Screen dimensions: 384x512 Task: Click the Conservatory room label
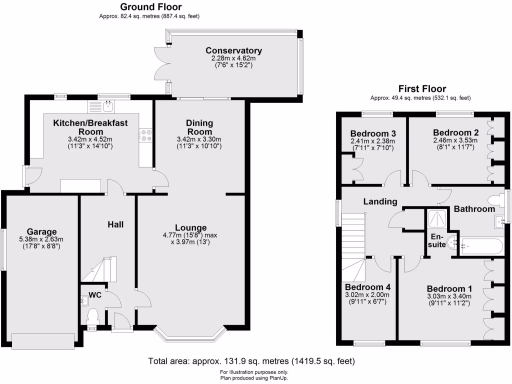(233, 50)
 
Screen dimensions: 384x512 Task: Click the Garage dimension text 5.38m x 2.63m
(41, 239)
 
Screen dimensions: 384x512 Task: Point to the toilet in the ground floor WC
(92, 316)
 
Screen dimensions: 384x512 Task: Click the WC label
(95, 295)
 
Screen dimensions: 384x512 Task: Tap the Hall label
(115, 224)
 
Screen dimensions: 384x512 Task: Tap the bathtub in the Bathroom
(480, 245)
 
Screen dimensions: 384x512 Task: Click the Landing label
(380, 201)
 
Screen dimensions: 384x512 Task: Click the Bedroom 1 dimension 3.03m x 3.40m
(449, 296)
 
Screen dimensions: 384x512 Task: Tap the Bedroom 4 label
(367, 287)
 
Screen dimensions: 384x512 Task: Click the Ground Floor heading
(150, 7)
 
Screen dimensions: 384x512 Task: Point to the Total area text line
(251, 361)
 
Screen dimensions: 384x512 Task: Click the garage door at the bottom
(43, 342)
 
